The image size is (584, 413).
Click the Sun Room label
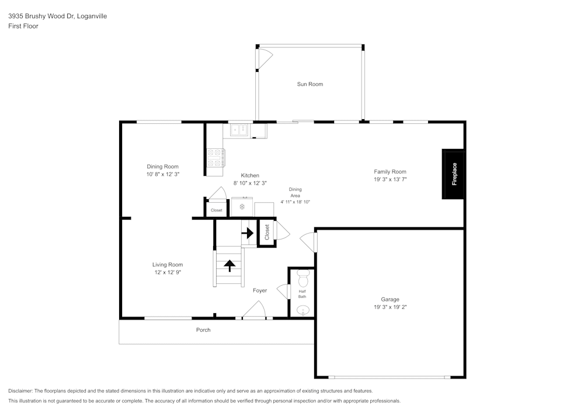[310, 84]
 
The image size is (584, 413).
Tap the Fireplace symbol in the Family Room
[454, 174]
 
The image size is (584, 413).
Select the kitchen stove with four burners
[215, 157]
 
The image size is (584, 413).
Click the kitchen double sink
[239, 130]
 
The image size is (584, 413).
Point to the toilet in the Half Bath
[303, 275]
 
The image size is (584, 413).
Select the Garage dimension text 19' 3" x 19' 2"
[390, 307]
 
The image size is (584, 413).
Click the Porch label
[203, 330]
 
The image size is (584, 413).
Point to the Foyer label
[260, 290]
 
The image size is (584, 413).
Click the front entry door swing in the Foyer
[255, 310]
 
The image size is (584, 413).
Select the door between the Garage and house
[308, 241]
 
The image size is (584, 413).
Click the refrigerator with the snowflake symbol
[242, 207]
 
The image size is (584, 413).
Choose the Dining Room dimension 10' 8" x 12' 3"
[162, 174]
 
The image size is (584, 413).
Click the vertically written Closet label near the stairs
[267, 232]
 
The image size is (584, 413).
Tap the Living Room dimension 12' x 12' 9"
[168, 272]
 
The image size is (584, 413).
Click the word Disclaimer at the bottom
[20, 391]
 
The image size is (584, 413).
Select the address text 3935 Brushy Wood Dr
[41, 16]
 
